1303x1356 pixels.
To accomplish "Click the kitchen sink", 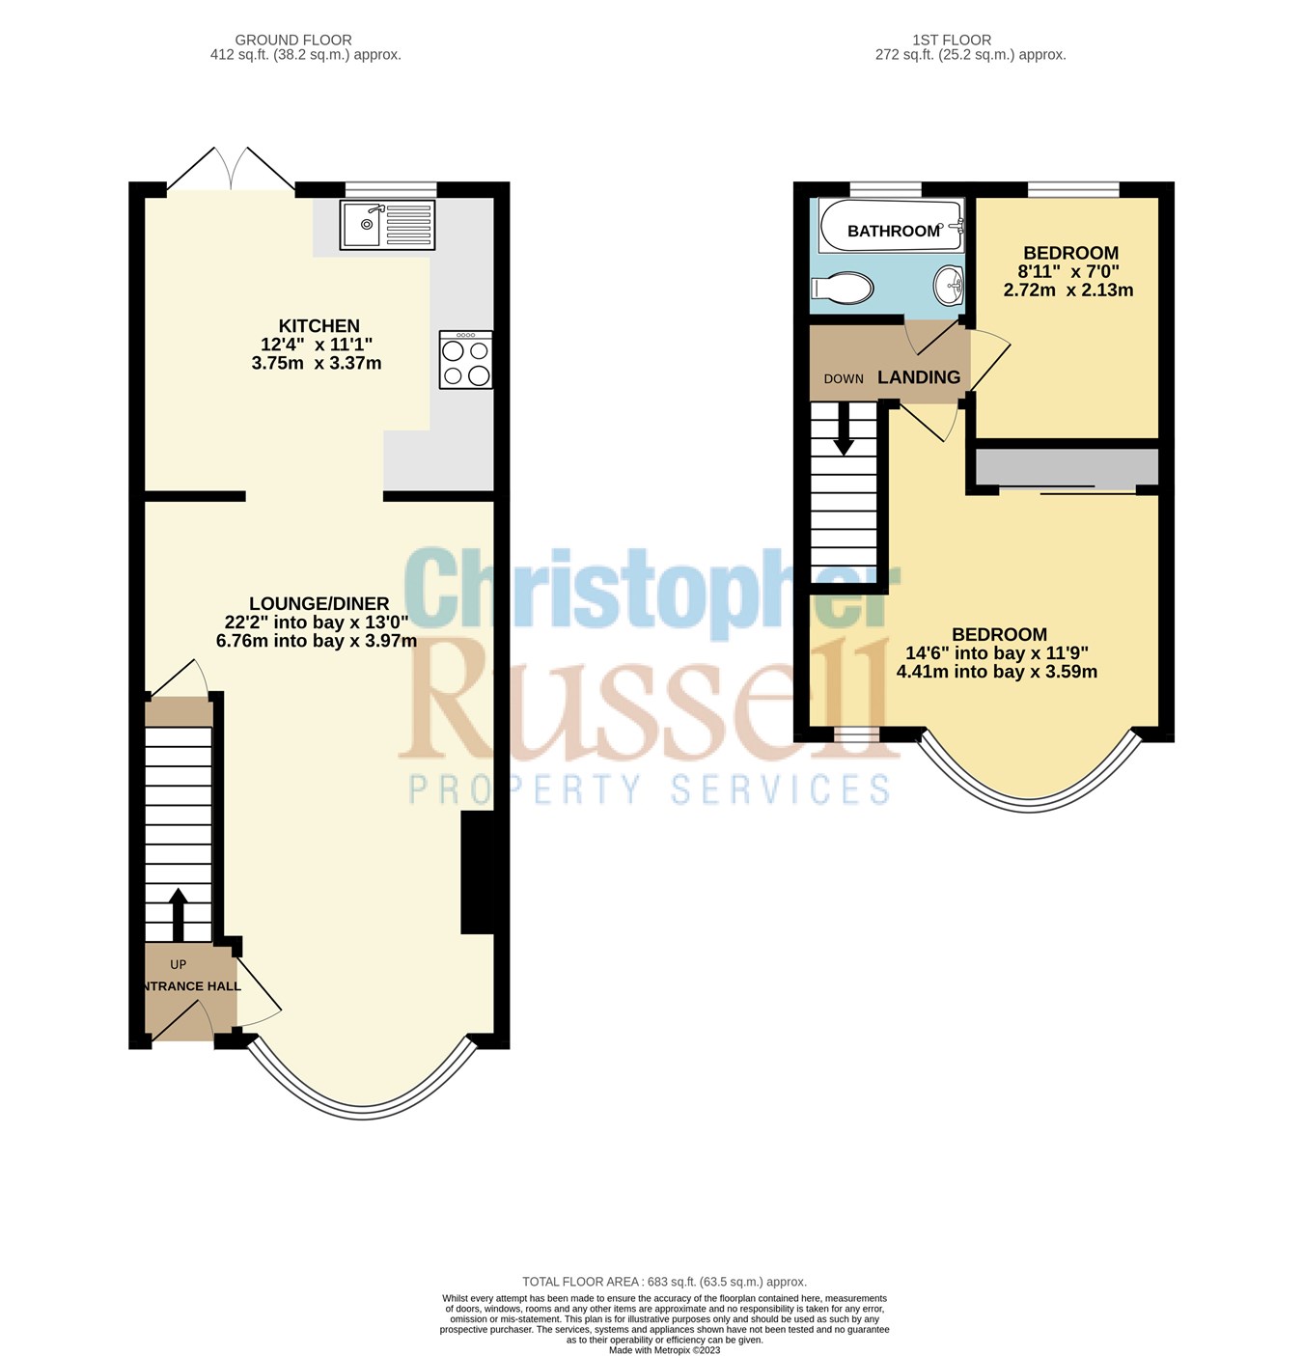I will pyautogui.click(x=387, y=225).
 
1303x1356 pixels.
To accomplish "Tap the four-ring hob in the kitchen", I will pyautogui.click(x=465, y=360).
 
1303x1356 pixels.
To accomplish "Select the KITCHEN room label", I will pyautogui.click(x=319, y=326).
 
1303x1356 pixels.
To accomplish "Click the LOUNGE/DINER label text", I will pyautogui.click(x=319, y=603).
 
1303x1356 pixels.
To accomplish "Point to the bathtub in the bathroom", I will pyautogui.click(x=891, y=226).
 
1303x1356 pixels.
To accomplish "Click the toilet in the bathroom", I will pyautogui.click(x=843, y=288).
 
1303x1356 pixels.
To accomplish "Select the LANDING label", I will pyautogui.click(x=918, y=377).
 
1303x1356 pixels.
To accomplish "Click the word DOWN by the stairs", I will pyautogui.click(x=844, y=379).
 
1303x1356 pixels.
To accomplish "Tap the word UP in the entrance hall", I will pyautogui.click(x=178, y=964).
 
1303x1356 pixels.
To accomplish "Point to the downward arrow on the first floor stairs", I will pyautogui.click(x=844, y=429).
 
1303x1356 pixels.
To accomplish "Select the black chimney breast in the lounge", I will pyautogui.click(x=478, y=872).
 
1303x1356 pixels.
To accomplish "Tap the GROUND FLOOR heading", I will pyautogui.click(x=293, y=41).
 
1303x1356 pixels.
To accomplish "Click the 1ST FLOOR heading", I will pyautogui.click(x=952, y=41).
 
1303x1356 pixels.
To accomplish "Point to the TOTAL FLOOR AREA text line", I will pyautogui.click(x=664, y=1282).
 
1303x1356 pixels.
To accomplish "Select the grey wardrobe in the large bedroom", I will pyautogui.click(x=1067, y=467).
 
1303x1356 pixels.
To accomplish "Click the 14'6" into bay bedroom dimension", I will pyautogui.click(x=997, y=653).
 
